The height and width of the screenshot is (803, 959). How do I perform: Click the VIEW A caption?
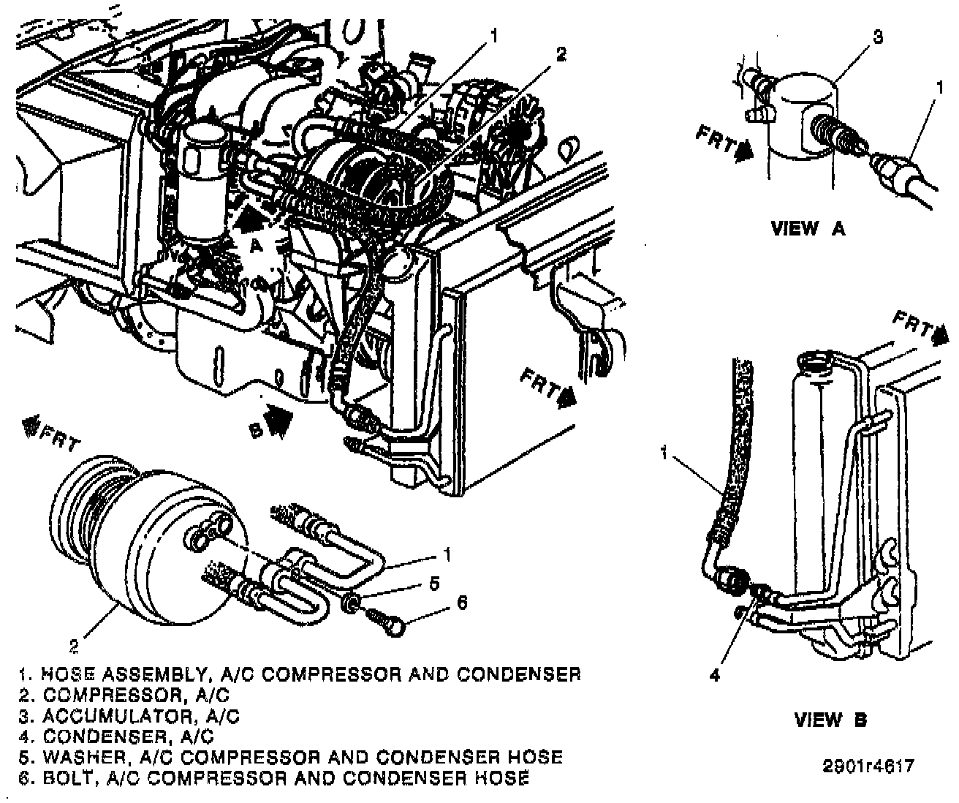pos(808,228)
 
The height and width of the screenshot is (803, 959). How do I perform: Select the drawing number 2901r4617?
pos(868,766)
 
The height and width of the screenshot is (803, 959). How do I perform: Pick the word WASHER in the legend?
pos(75,756)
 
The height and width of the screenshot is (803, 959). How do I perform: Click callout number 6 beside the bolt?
pos(462,602)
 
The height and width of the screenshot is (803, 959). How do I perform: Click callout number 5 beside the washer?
pos(433,583)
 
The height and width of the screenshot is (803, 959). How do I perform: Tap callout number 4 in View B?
pos(714,676)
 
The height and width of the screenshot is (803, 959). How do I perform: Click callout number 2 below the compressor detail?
pos(74,645)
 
